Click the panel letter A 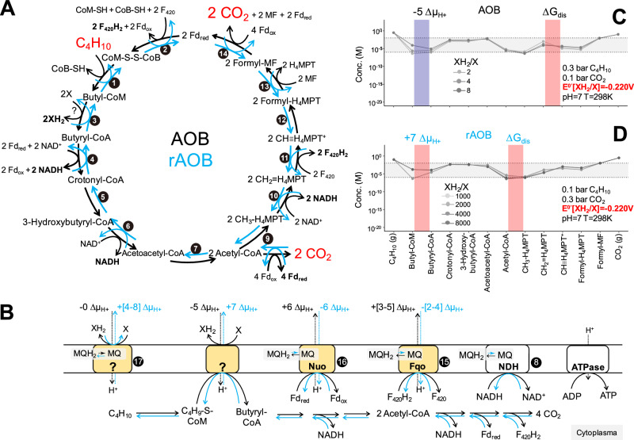pyautogui.click(x=10, y=10)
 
